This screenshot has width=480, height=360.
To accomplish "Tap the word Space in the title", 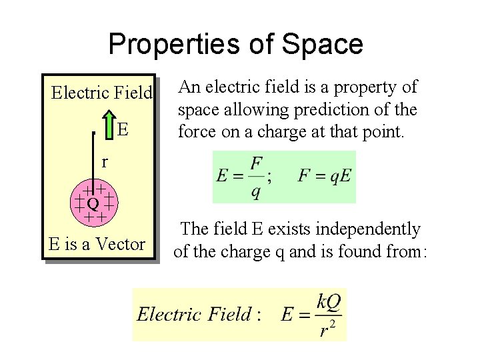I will (x=323, y=45).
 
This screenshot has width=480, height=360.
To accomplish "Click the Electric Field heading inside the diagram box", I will (x=102, y=93).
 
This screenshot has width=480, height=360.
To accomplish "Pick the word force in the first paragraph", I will (x=197, y=132).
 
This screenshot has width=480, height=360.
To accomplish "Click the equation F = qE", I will (x=324, y=177).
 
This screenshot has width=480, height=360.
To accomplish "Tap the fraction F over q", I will (x=256, y=177).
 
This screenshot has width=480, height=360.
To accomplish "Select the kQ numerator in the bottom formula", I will (x=328, y=302).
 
